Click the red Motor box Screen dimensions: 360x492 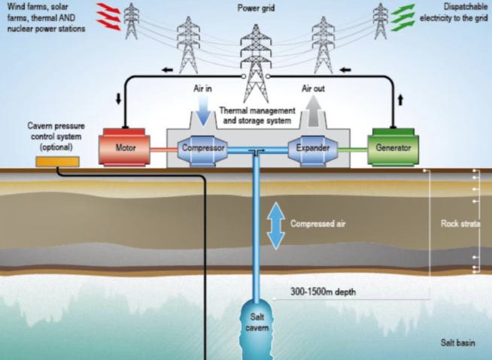[125, 148]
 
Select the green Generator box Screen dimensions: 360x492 [393, 148]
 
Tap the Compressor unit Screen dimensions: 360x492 [203, 148]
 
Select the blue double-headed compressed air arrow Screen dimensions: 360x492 [276, 225]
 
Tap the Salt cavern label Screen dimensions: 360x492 [258, 322]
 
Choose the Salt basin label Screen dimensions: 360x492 [458, 342]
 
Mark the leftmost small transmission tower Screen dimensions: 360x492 [132, 21]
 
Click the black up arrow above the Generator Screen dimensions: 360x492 [400, 99]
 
